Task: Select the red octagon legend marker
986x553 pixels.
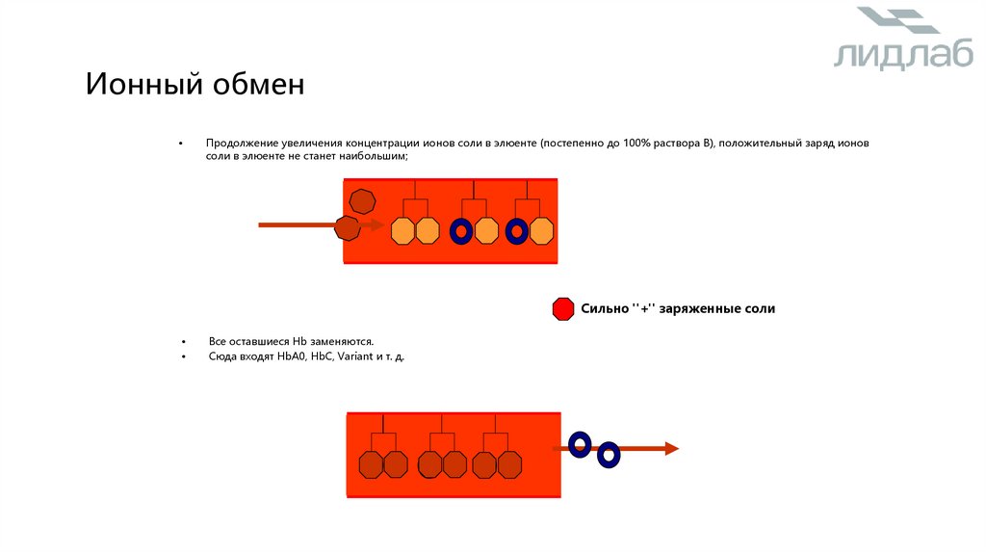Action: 563,309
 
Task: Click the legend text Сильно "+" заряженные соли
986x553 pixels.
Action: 678,309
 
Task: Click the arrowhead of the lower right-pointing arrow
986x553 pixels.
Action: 672,448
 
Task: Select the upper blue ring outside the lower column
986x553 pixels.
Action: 580,443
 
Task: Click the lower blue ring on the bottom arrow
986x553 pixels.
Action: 609,454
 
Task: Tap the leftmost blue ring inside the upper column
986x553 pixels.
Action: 461,231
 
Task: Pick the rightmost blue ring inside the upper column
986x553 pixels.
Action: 517,231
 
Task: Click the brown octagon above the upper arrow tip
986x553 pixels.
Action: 361,201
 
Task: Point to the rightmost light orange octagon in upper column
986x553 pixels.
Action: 542,231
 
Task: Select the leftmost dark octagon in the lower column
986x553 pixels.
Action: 371,464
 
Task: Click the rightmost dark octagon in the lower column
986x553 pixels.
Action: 509,464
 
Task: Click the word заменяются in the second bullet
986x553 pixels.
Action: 342,342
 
